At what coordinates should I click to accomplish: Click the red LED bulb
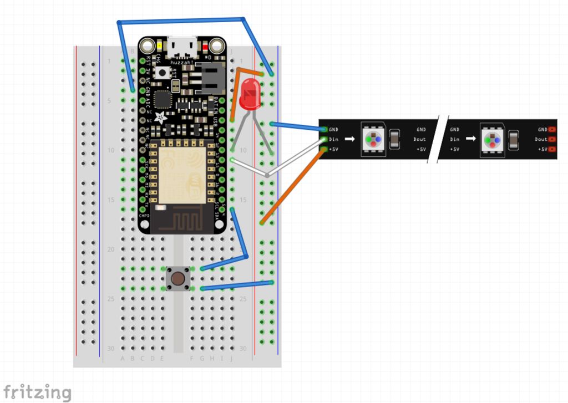[x=250, y=93]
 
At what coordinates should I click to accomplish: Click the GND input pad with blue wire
[x=324, y=130]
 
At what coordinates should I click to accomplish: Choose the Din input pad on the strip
[x=324, y=140]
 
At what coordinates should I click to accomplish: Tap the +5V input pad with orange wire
[x=324, y=149]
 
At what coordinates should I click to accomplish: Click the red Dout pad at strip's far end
[x=552, y=140]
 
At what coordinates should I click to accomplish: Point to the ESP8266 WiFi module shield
[x=181, y=170]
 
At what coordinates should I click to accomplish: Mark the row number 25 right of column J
[x=243, y=299]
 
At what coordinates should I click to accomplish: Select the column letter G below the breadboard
[x=202, y=358]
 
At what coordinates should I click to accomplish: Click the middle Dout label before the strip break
[x=419, y=139]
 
